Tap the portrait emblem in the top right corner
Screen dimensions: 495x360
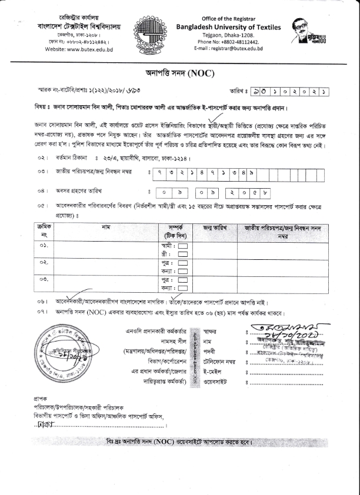tap(305, 35)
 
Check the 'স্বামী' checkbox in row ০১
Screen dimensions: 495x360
tap(183, 245)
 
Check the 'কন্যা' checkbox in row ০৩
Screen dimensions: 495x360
tap(183, 289)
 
